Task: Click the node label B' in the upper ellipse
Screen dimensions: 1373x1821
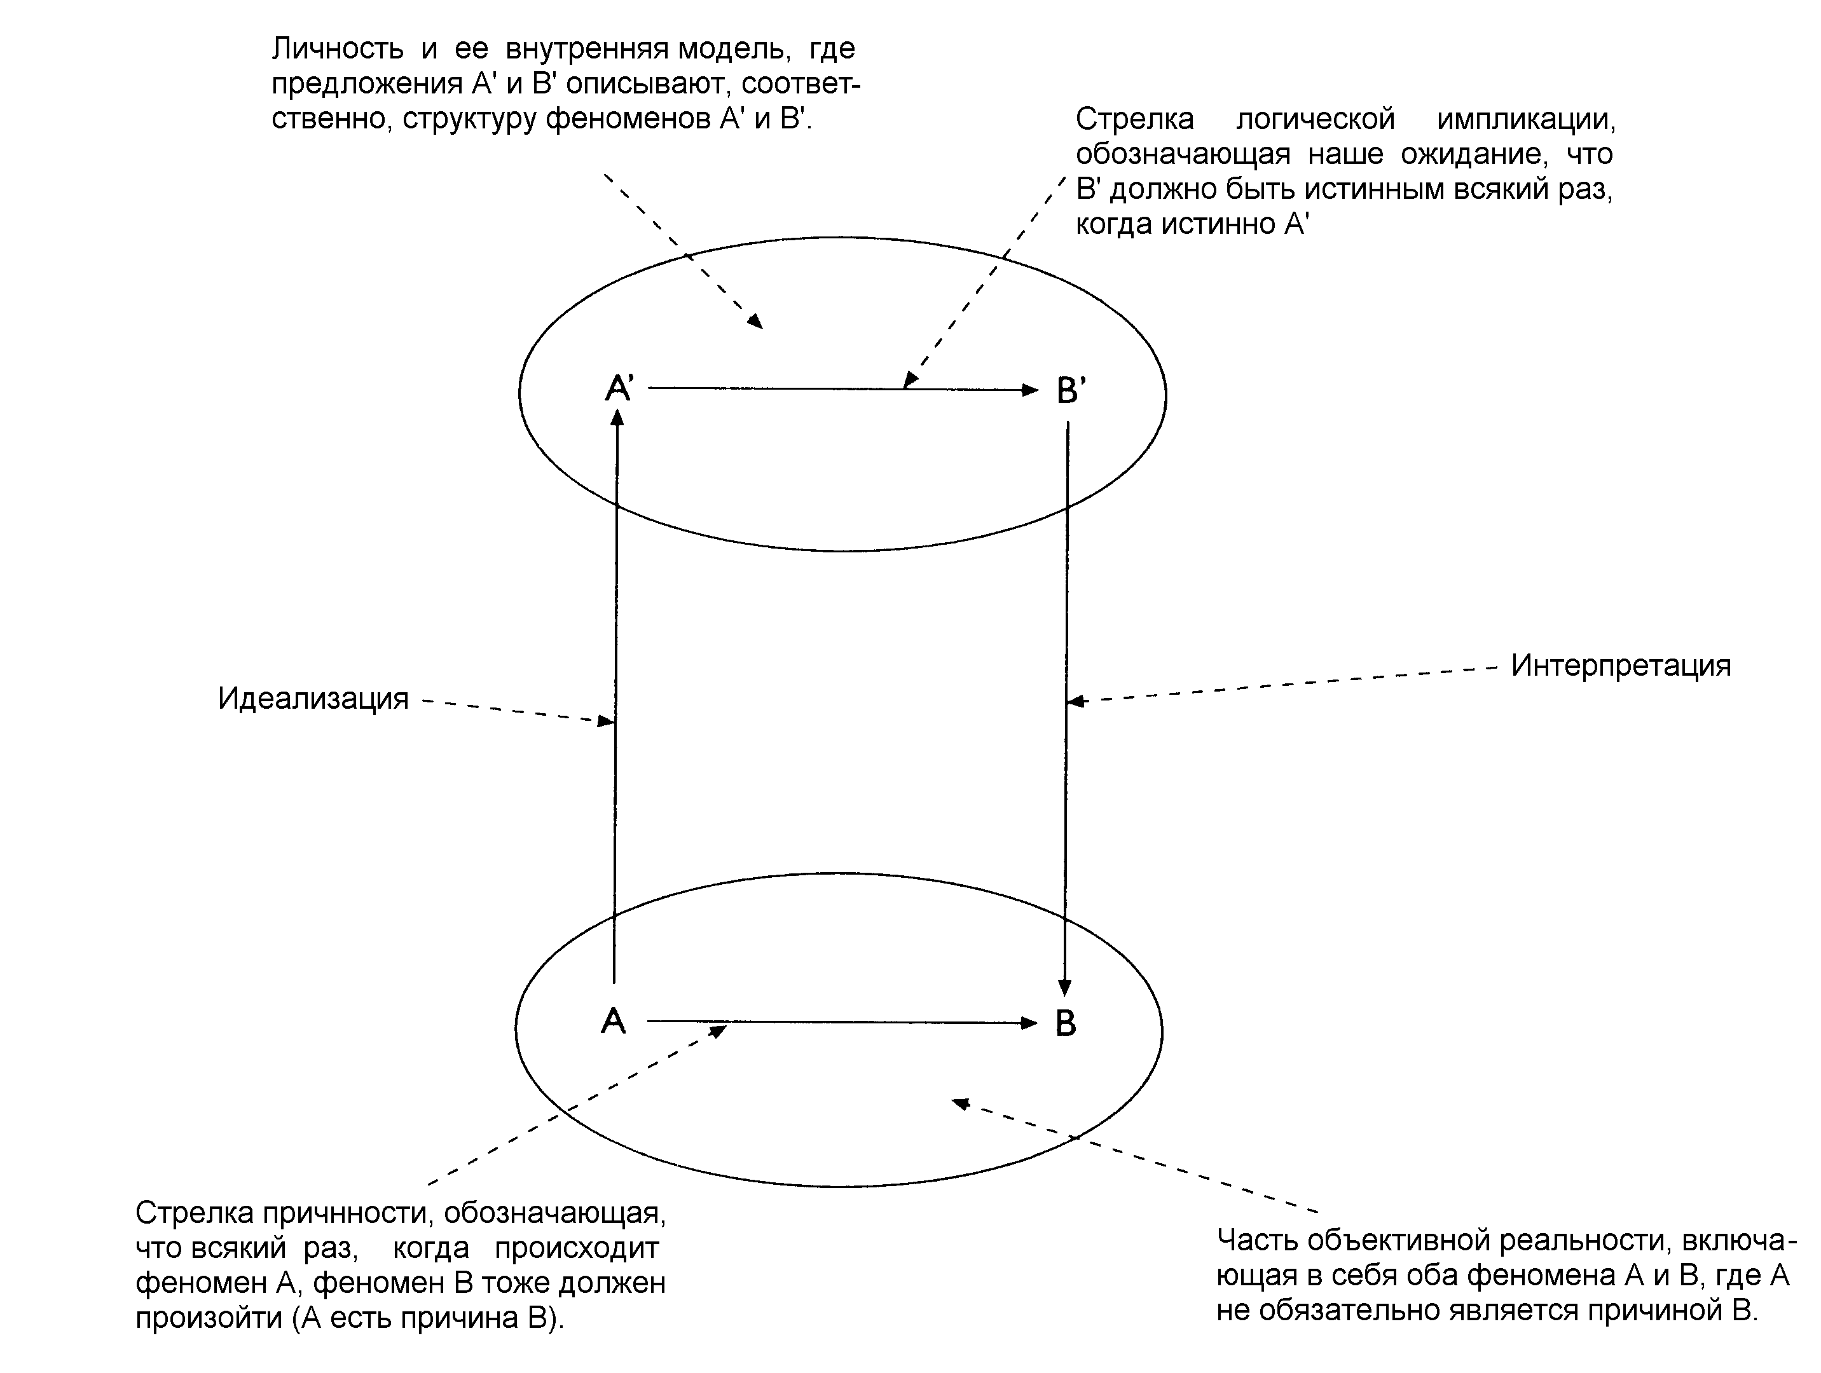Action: (1070, 390)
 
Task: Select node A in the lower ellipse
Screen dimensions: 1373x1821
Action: (614, 1021)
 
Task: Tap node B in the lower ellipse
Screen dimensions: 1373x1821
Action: (1065, 1023)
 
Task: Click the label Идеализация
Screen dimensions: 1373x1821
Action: (313, 699)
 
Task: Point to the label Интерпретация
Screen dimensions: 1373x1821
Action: (1620, 665)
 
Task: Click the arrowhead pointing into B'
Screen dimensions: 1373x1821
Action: (1030, 390)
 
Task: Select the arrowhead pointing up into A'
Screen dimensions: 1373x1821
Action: (617, 418)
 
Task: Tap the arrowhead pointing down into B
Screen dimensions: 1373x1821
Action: (1064, 988)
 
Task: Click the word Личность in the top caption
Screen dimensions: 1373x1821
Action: (338, 50)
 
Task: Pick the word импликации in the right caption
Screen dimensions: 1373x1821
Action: (1525, 120)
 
